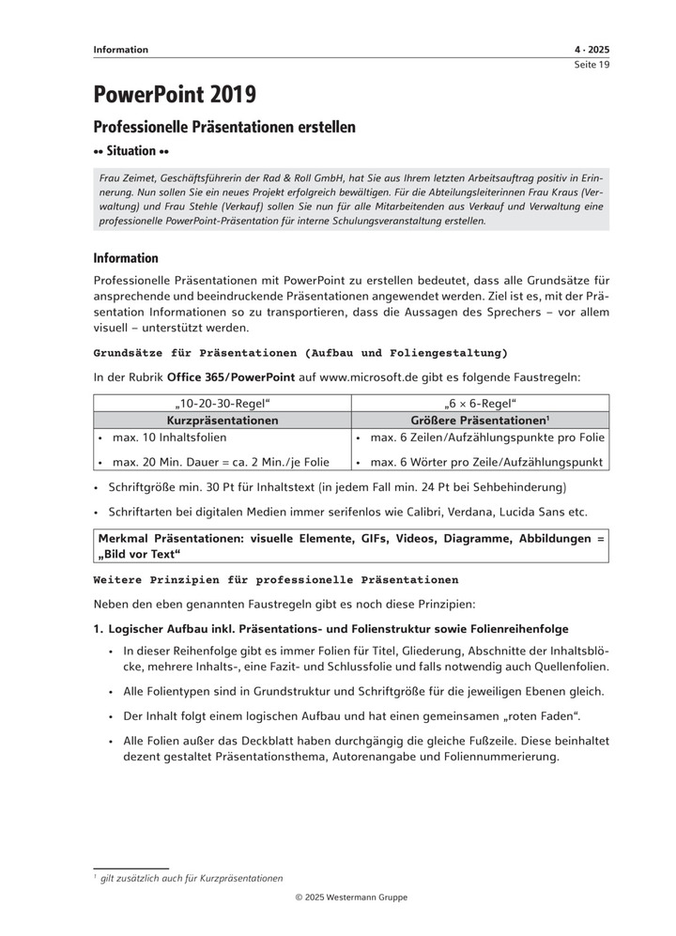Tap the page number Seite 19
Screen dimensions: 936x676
pos(591,65)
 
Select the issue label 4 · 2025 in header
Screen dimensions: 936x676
pos(591,50)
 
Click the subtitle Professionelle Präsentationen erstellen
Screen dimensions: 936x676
pos(224,127)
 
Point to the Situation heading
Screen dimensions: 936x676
pos(131,150)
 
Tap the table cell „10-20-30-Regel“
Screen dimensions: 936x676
pos(223,404)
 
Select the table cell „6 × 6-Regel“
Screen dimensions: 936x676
pos(480,404)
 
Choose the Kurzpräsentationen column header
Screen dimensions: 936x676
pos(223,421)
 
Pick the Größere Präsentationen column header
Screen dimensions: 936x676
pos(479,421)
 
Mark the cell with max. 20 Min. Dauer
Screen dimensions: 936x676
pos(221,461)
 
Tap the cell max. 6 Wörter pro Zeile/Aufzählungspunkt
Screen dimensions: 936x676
pos(487,461)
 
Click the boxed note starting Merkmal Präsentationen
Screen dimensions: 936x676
pos(351,545)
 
